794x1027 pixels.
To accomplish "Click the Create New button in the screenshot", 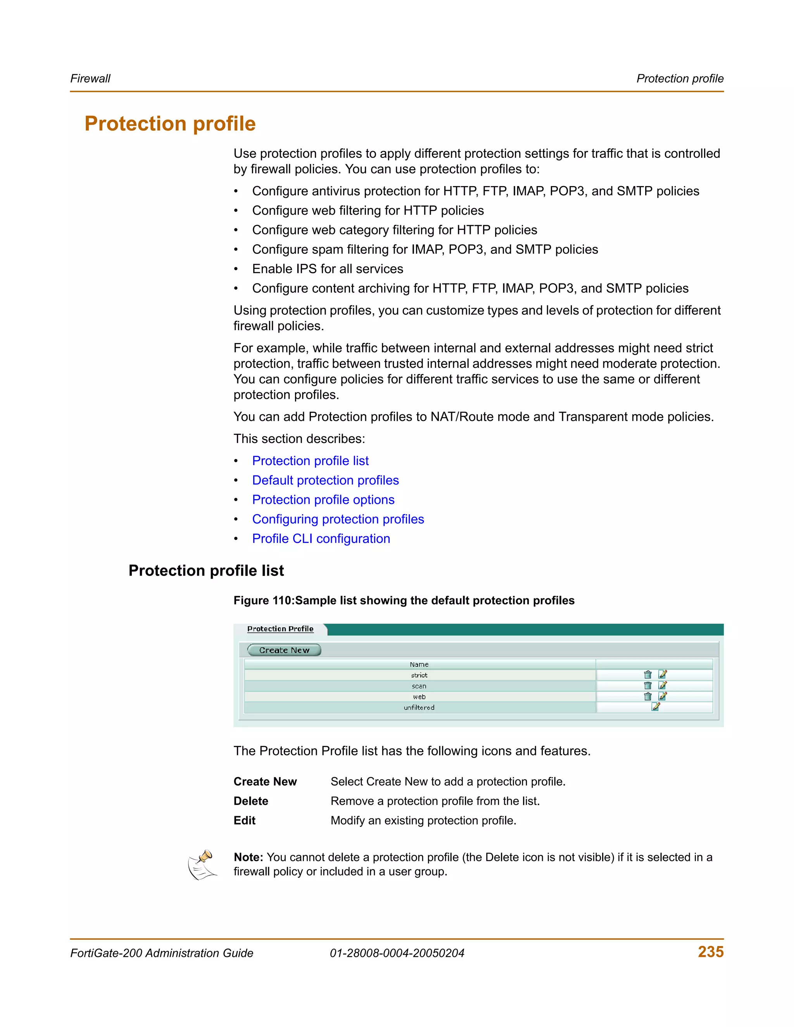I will [284, 650].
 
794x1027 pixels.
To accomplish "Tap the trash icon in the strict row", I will [648, 675].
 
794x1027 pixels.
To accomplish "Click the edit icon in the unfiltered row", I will [656, 707].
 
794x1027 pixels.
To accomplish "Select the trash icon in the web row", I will [648, 696].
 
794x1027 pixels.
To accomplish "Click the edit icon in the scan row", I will [662, 686].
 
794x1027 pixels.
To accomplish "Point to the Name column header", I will [419, 664].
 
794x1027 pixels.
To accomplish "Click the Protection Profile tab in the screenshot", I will [280, 629].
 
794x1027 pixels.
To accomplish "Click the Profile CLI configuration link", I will [321, 538].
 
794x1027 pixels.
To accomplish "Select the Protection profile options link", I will [323, 500].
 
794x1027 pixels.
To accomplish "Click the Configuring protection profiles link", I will [338, 519].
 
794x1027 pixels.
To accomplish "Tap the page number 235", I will [710, 952].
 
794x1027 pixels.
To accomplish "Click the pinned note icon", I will [202, 865].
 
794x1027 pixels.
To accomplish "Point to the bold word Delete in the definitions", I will [251, 801].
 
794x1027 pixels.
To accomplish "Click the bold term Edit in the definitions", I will [244, 820].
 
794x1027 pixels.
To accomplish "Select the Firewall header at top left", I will [90, 79].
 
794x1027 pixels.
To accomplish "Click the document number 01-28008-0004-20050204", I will [397, 953].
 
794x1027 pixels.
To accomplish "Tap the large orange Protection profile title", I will [170, 124].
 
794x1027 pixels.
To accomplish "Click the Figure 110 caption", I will [404, 600].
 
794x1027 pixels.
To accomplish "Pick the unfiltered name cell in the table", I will [419, 707].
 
